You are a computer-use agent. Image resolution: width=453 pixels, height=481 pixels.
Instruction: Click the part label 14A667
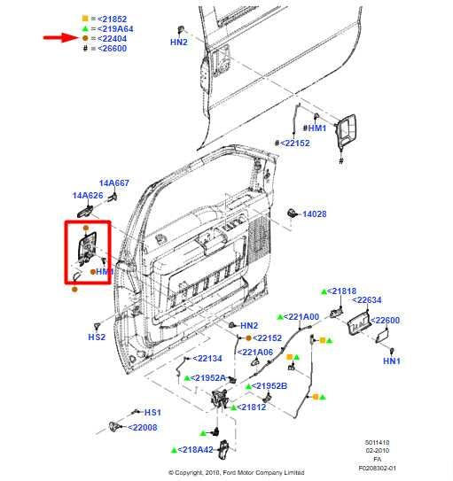coord(113,183)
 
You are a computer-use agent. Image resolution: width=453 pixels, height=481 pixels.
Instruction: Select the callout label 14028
coord(314,214)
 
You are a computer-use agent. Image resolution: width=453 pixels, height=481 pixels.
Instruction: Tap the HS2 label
coord(97,337)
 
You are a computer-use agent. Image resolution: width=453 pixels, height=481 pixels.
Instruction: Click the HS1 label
coord(152,413)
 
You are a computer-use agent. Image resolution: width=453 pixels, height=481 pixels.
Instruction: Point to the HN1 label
coord(391,361)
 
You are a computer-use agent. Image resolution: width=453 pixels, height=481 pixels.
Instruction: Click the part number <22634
coord(366,299)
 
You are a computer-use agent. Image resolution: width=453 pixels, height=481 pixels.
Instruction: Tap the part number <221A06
coord(255,352)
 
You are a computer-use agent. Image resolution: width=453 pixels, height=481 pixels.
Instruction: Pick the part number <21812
coord(250,407)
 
